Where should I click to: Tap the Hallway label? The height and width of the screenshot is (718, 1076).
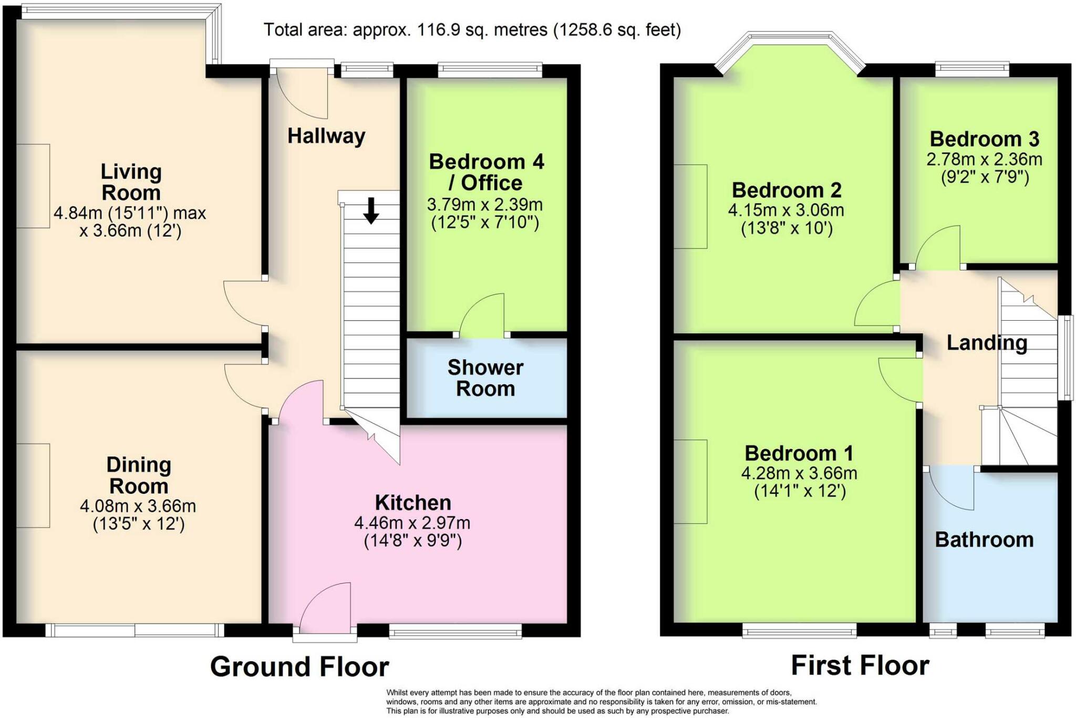point(326,136)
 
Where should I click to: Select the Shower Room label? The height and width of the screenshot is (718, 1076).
point(485,378)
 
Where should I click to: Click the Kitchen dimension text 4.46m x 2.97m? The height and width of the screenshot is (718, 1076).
point(412,523)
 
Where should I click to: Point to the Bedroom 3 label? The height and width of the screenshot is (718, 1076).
point(985,139)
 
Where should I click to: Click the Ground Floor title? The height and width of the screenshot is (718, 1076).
point(299,667)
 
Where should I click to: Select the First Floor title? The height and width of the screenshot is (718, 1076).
point(860,666)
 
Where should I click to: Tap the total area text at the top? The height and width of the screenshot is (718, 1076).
point(472,30)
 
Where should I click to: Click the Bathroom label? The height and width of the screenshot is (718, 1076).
point(984,540)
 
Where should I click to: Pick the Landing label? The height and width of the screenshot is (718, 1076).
point(987,343)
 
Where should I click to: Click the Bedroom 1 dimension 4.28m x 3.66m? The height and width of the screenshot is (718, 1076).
point(799,473)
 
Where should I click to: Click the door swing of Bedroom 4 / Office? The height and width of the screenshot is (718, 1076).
point(482,314)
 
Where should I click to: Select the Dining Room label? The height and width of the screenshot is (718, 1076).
point(139,476)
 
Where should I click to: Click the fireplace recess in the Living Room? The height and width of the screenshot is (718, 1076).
point(33,186)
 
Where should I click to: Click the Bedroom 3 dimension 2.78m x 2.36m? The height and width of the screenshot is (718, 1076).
point(985,159)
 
